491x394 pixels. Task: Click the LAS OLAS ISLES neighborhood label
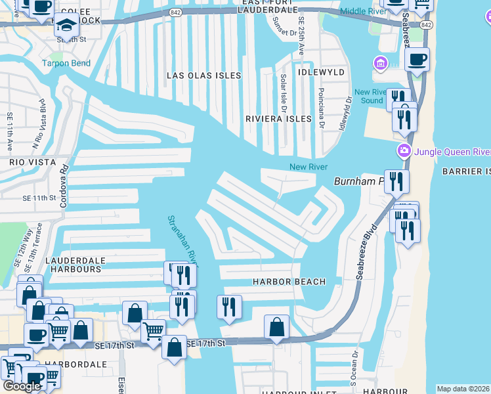point(203,76)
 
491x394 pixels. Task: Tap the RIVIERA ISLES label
point(277,119)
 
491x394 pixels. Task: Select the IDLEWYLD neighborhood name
point(321,70)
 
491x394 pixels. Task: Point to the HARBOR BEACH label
point(289,282)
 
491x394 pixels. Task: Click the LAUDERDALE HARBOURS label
point(74,265)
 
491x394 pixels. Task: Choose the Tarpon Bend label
point(64,64)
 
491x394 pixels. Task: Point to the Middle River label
point(364,11)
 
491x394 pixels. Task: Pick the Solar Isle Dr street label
point(284,91)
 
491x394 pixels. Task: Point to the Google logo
point(22,386)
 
